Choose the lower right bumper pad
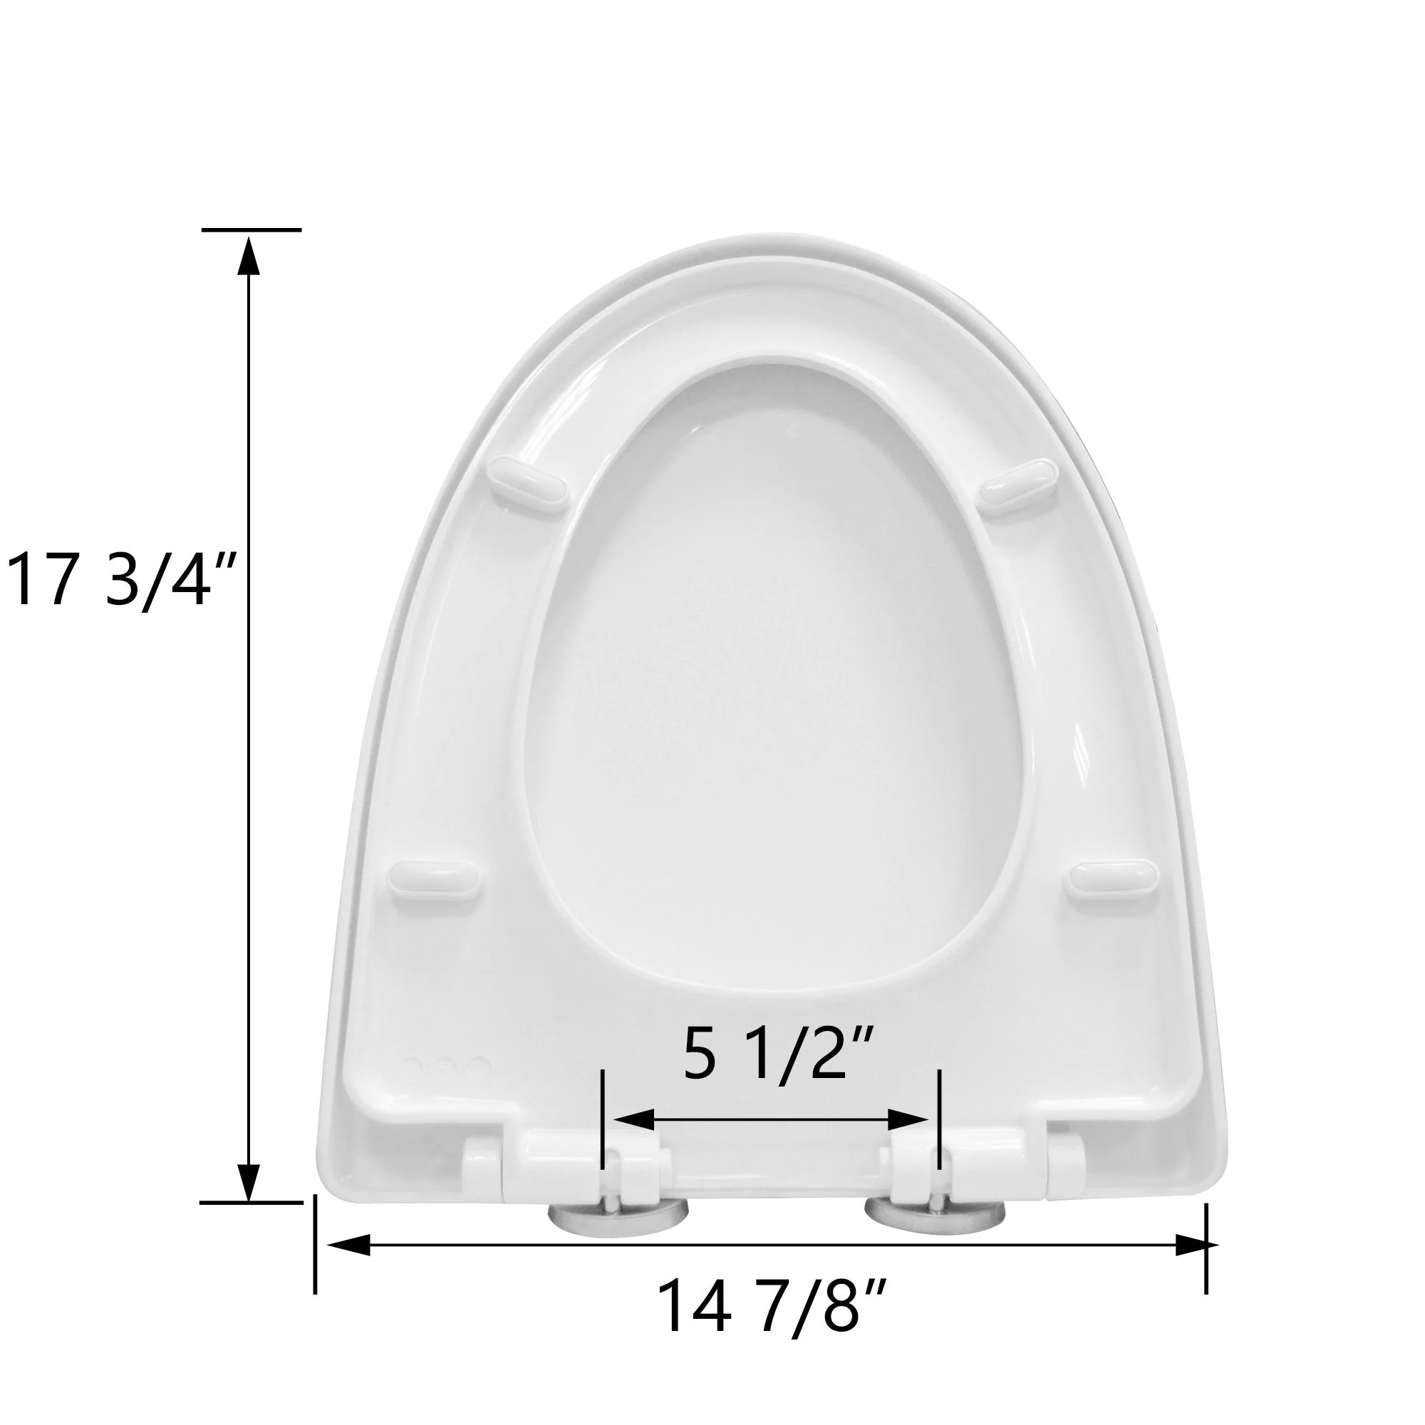pyautogui.click(x=1112, y=880)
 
